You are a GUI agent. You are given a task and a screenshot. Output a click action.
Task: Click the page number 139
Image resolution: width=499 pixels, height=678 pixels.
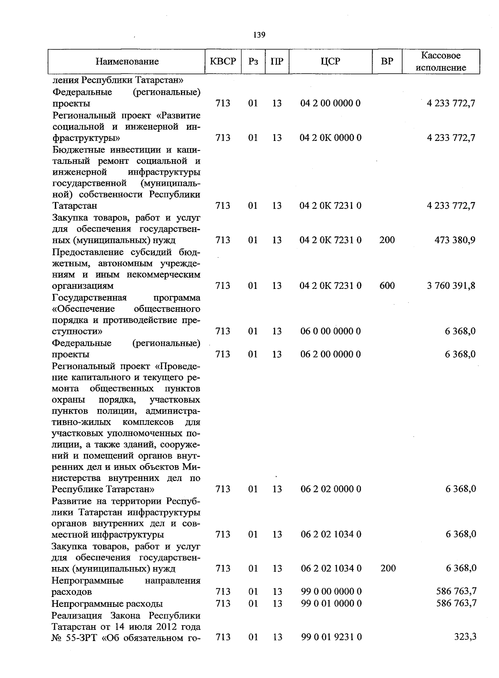[259, 35]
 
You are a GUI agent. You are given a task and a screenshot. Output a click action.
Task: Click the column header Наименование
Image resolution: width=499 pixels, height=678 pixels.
[127, 62]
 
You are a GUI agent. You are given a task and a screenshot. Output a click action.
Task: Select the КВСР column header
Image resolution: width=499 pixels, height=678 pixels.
[223, 62]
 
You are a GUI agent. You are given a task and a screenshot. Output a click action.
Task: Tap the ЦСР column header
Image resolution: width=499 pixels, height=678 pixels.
[331, 62]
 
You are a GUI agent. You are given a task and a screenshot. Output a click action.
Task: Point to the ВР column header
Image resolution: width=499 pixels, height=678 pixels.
[387, 62]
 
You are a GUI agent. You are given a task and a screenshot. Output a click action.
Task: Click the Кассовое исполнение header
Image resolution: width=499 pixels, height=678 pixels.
[441, 62]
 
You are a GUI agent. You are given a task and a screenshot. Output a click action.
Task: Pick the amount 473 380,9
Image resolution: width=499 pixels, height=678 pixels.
[455, 240]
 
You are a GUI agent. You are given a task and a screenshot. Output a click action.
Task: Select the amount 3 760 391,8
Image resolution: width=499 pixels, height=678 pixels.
[451, 286]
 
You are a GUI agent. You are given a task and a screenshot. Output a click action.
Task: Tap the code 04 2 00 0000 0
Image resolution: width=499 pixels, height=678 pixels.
[331, 104]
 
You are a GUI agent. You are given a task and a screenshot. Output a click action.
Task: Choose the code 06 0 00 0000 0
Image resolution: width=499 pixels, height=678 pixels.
[331, 332]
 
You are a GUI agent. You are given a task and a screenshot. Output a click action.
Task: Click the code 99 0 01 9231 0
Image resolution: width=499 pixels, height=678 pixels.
[331, 637]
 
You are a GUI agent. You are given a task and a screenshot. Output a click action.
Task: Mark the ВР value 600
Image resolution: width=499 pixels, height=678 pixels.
[387, 286]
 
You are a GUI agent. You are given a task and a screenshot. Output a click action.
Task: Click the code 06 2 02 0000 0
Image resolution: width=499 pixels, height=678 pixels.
[331, 489]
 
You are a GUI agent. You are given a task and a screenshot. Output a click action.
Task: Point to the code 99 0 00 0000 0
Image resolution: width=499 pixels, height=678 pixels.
[331, 592]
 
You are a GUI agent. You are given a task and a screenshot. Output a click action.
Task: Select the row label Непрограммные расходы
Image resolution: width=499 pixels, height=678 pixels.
[107, 604]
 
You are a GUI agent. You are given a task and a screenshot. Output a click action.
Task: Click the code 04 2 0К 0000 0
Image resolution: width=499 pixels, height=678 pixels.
[331, 138]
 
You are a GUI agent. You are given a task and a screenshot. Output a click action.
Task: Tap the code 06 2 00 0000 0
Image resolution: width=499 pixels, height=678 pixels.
[331, 355]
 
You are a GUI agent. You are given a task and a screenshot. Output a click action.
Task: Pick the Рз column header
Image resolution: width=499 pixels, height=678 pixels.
[253, 62]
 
